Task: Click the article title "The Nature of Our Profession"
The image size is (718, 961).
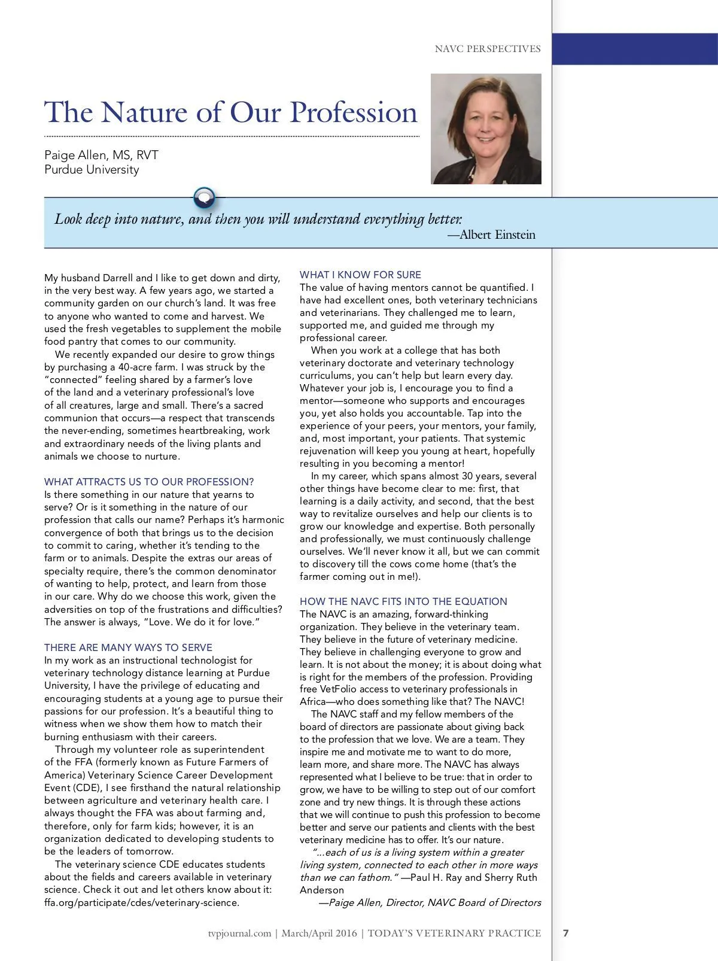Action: tap(231, 112)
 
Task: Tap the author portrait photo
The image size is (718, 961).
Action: tap(486, 129)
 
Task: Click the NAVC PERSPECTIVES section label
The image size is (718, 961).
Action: tap(488, 49)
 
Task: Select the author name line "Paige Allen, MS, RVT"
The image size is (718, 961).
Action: tap(101, 156)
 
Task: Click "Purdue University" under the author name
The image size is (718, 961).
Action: tap(92, 169)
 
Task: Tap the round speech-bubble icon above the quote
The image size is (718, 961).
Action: tap(204, 196)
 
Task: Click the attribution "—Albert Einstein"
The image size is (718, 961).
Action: tap(491, 235)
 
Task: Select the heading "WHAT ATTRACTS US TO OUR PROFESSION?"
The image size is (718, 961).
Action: tap(149, 482)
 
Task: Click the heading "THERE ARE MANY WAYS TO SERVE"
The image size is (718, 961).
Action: tap(128, 647)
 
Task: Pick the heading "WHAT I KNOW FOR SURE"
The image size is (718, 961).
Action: tap(360, 275)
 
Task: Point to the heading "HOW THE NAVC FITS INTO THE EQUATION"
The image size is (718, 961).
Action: tap(403, 601)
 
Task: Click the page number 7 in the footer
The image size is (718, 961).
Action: tap(566, 933)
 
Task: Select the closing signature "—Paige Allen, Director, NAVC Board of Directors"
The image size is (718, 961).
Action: tap(430, 902)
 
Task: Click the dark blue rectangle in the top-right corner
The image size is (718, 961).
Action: tap(634, 49)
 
